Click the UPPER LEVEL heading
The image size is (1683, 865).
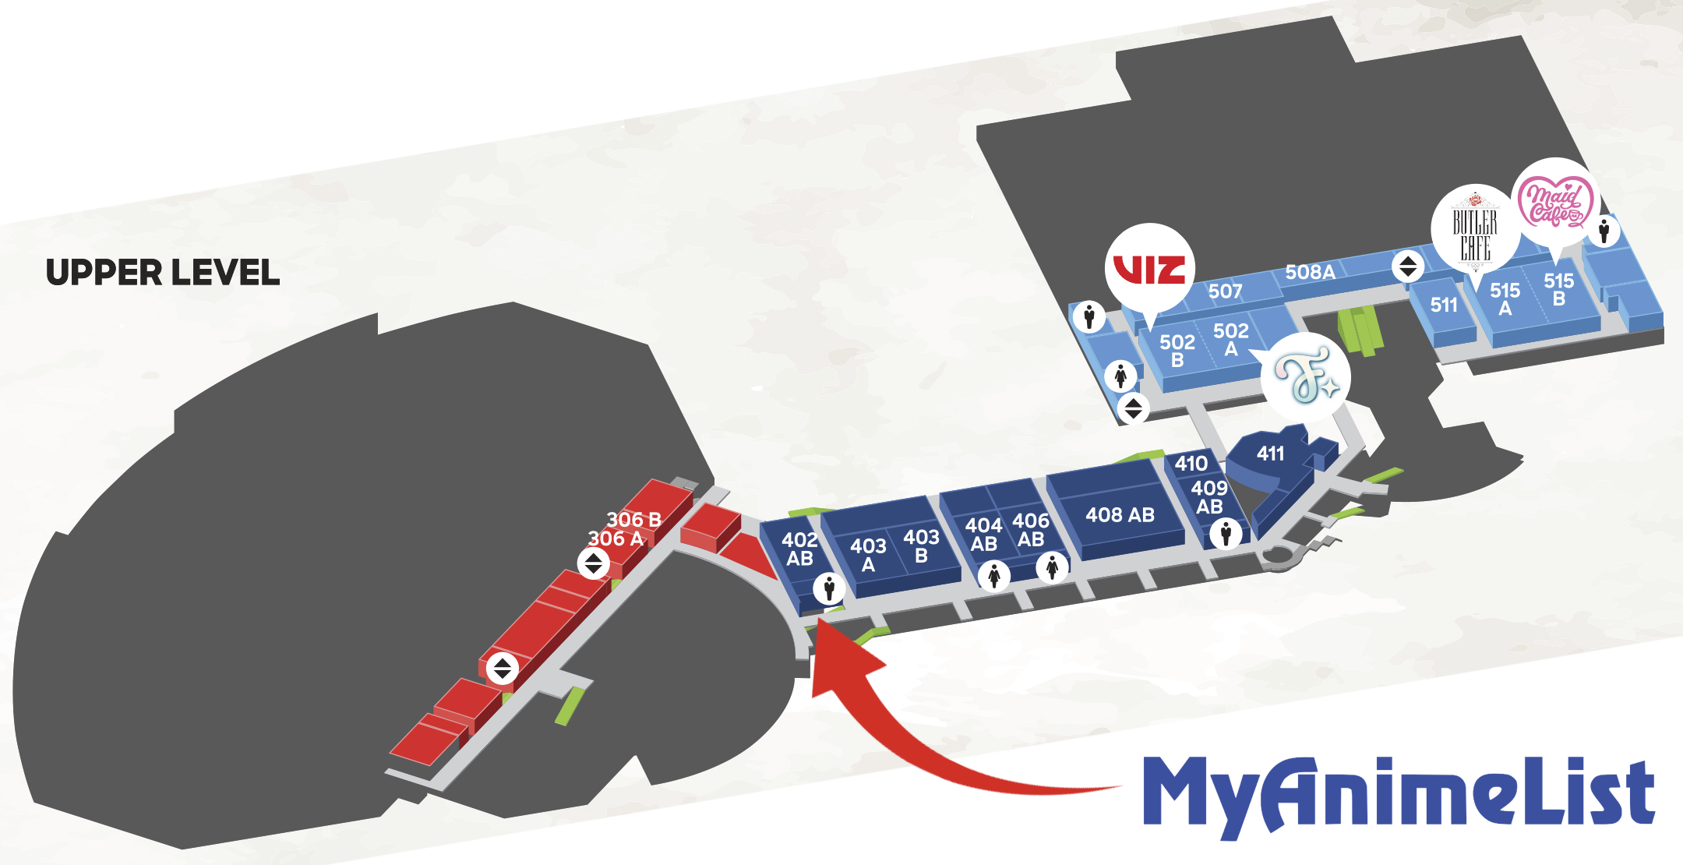click(x=162, y=273)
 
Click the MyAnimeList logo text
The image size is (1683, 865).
click(x=1398, y=793)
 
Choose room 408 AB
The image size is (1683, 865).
click(x=1120, y=514)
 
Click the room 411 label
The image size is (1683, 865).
click(x=1270, y=454)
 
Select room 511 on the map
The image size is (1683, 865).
click(x=1444, y=305)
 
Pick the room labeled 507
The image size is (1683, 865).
click(x=1225, y=291)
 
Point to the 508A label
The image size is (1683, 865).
click(x=1310, y=272)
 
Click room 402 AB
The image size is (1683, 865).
click(x=799, y=549)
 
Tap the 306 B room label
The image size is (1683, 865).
click(x=633, y=519)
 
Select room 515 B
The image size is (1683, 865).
click(x=1558, y=289)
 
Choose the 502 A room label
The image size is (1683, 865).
click(x=1230, y=340)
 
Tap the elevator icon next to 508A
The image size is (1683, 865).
click(x=1407, y=267)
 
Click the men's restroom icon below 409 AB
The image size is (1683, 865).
click(x=1226, y=535)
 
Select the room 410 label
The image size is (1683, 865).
click(x=1191, y=464)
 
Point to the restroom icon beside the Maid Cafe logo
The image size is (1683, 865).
click(x=1604, y=231)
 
